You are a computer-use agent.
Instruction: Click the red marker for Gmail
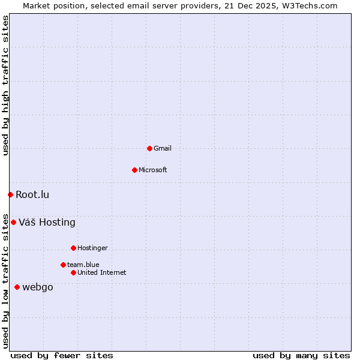149,148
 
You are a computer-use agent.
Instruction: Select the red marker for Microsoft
134,170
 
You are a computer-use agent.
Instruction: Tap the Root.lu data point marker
10,194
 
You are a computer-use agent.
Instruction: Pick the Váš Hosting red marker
13,222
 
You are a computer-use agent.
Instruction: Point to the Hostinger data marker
73,248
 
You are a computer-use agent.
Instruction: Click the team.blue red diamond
63,265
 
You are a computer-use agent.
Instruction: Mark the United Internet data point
73,272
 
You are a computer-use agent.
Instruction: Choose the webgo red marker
17,287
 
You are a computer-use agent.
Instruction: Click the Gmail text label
163,148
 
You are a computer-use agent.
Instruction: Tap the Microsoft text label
153,170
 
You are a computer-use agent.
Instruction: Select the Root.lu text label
32,194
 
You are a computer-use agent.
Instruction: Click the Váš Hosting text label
47,222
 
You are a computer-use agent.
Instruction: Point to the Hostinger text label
92,248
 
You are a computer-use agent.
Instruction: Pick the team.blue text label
83,265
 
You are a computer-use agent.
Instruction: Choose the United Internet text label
102,272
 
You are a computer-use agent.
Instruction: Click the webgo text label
38,287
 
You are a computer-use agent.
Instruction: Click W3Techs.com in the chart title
310,5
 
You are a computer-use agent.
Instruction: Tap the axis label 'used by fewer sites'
62,355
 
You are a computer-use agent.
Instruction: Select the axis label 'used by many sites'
301,355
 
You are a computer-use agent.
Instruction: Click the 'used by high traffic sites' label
5,85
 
